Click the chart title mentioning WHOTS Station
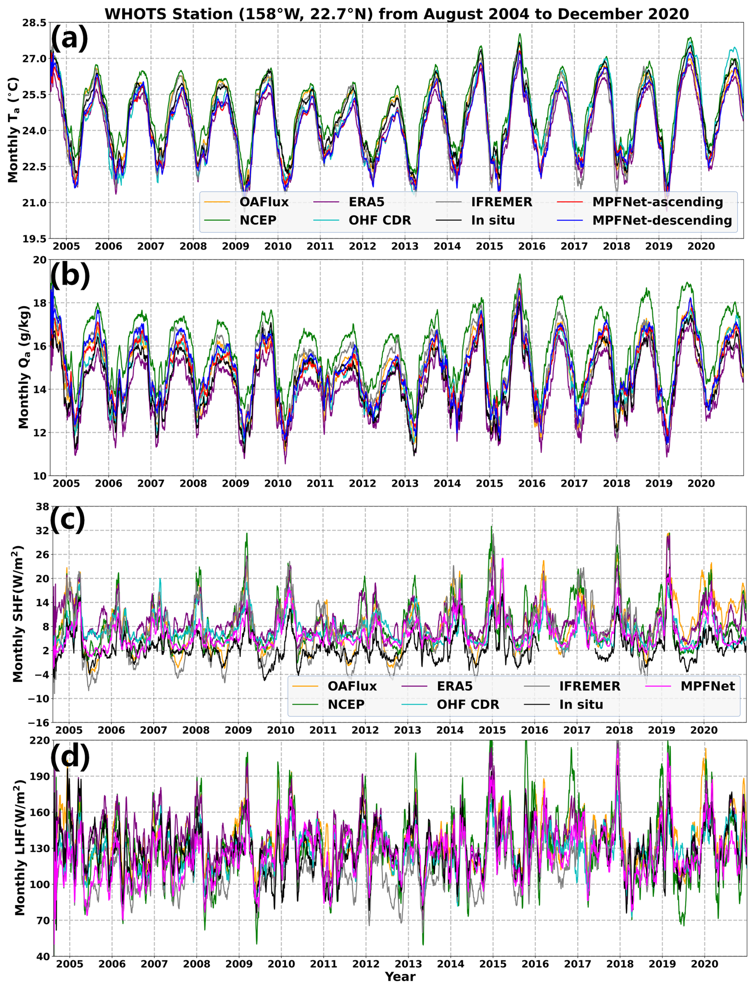pyautogui.click(x=396, y=14)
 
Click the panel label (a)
pyautogui.click(x=70, y=39)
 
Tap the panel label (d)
pyautogui.click(x=70, y=756)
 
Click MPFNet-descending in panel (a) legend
pyautogui.click(x=662, y=220)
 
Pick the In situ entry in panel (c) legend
pyautogui.click(x=581, y=705)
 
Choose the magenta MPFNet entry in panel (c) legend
pyautogui.click(x=708, y=686)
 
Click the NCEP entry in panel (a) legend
pyautogui.click(x=258, y=220)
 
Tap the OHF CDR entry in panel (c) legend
pyautogui.click(x=468, y=705)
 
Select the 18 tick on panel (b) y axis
pyautogui.click(x=40, y=303)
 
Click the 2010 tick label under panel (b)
pyautogui.click(x=278, y=484)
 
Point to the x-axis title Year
pyautogui.click(x=400, y=976)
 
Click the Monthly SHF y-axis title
pyautogui.click(x=18, y=614)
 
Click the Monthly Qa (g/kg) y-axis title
pyautogui.click(x=24, y=367)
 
